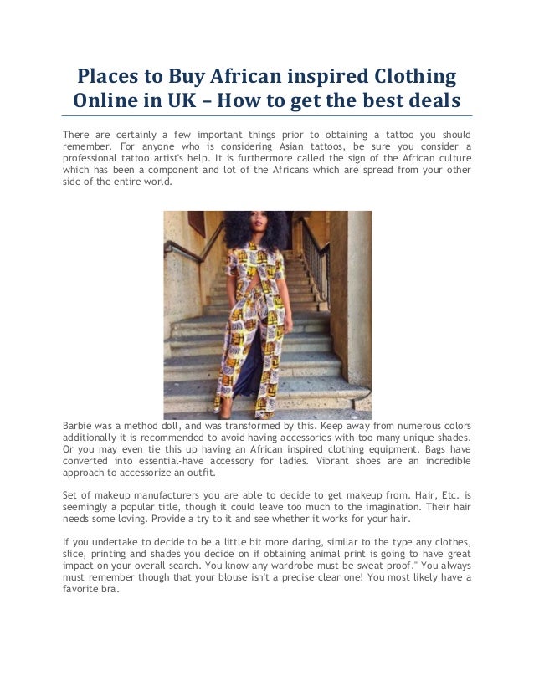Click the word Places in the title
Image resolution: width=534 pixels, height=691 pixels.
(x=110, y=78)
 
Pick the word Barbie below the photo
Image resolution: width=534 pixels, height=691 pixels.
(x=80, y=425)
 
